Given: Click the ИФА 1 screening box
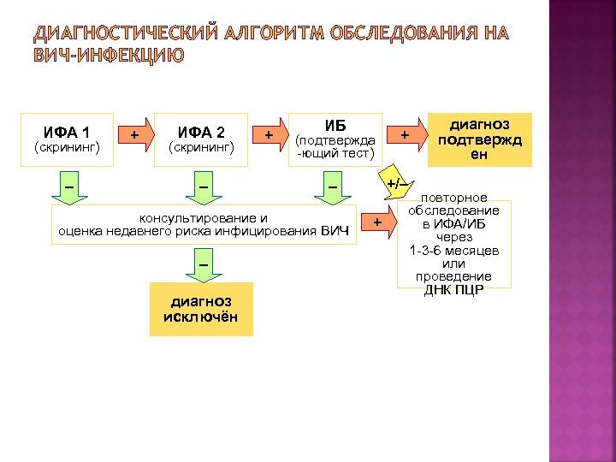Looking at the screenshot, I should click(68, 139).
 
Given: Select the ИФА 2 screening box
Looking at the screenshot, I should click(201, 139).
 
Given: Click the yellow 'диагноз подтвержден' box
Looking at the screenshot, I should click(479, 139).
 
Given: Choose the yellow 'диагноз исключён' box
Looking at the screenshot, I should click(201, 309).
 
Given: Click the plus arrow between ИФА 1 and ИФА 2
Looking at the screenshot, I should click(135, 135).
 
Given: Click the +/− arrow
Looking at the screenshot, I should click(395, 185).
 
